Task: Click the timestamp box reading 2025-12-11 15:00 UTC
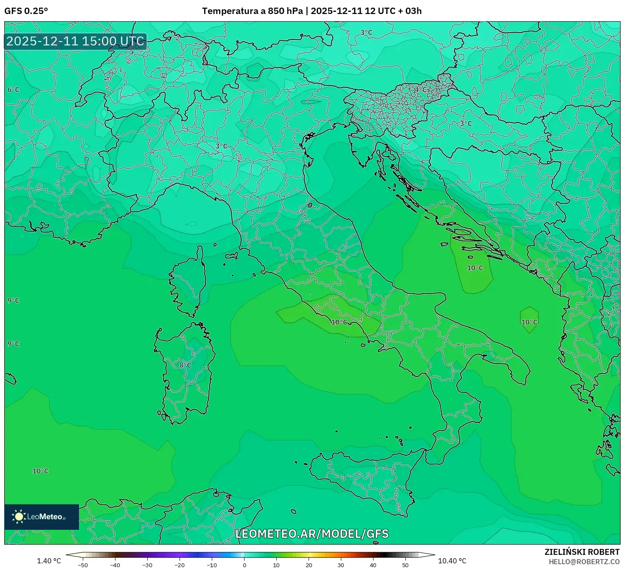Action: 76,42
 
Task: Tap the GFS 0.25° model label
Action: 26,11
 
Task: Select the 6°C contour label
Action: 13,90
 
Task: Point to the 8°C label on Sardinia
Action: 185,365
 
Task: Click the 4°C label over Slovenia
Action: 420,90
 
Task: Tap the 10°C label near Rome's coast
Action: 339,322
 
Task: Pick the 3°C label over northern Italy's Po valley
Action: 221,146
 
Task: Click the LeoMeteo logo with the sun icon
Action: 42,517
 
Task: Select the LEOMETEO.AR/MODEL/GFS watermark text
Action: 312,534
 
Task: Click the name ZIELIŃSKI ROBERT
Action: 582,552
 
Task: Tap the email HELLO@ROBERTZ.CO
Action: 584,562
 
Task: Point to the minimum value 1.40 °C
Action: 49,561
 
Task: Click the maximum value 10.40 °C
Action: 452,561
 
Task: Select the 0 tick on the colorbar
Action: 244,565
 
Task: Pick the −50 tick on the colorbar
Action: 83,565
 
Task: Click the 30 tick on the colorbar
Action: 341,565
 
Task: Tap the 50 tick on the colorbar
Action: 405,565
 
